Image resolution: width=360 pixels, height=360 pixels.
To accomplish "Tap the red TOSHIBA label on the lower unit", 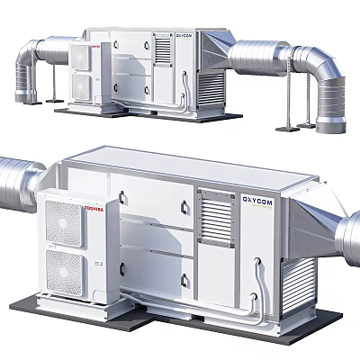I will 94,210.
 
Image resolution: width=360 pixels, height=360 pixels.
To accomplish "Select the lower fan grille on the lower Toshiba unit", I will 66,269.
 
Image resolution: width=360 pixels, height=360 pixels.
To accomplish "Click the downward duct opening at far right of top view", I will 329,99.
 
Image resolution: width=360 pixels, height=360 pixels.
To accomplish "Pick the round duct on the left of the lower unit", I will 16,185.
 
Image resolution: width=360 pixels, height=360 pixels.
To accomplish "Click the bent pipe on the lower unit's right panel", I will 261,279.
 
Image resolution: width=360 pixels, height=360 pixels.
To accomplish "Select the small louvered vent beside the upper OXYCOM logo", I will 163,49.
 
